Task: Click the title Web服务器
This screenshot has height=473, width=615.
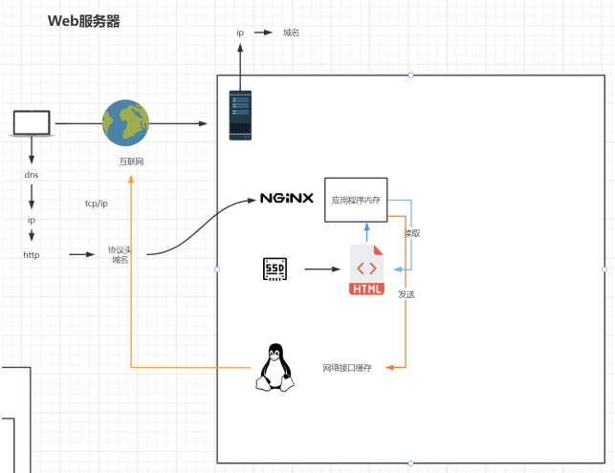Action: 83,21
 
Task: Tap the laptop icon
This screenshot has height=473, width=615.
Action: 32,123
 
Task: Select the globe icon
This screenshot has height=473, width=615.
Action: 125,122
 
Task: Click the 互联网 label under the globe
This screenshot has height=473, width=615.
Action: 131,161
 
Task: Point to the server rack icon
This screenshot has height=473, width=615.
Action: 240,116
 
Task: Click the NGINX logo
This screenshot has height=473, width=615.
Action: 287,198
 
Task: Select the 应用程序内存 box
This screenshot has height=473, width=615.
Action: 356,200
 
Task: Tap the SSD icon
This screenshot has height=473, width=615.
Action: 275,269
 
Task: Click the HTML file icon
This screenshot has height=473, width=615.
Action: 366,269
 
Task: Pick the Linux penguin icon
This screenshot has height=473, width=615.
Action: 275,367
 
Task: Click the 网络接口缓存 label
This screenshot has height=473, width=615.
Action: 347,368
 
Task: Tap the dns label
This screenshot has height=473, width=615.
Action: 32,175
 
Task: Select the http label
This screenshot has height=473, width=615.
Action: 32,255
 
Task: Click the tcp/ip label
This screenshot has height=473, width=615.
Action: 96,204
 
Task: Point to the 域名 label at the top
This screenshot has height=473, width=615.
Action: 291,32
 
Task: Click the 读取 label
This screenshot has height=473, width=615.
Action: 412,233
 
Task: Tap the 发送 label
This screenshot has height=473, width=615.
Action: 406,294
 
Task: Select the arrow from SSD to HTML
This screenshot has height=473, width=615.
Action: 322,269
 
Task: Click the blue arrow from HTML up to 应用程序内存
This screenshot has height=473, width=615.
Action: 366,232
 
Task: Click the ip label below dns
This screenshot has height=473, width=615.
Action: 32,220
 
